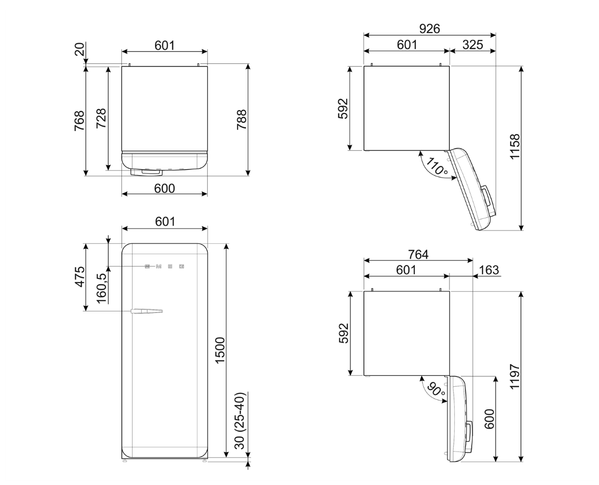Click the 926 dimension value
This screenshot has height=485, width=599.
(x=429, y=29)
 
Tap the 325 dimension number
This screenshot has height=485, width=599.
(x=473, y=45)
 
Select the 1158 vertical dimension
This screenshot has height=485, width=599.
(x=514, y=146)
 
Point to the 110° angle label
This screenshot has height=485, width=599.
(x=436, y=167)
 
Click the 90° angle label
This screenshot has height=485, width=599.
(x=437, y=390)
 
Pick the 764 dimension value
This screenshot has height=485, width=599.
(x=419, y=254)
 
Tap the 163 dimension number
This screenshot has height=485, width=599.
(x=489, y=270)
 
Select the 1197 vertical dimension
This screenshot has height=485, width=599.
(x=514, y=376)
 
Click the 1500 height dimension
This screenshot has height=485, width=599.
(x=220, y=350)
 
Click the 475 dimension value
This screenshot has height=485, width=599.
(x=79, y=276)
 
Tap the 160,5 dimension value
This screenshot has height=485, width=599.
(x=102, y=289)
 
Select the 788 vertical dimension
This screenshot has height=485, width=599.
(x=242, y=120)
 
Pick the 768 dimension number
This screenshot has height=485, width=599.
(x=79, y=121)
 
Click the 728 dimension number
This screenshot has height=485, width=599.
(x=102, y=119)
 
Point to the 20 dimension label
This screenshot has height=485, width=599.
(x=79, y=50)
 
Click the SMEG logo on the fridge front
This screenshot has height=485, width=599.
(x=165, y=266)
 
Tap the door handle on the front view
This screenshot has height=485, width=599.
(x=147, y=311)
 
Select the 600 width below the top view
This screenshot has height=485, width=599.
(x=165, y=188)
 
